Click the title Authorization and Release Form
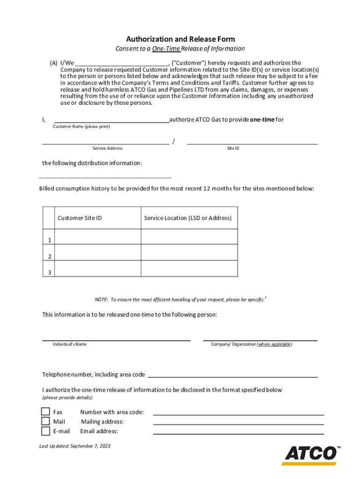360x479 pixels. coord(180,39)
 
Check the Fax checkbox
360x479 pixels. coord(45,412)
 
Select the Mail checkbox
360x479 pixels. coord(45,421)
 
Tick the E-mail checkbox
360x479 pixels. coord(45,431)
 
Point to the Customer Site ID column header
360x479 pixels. coord(79,218)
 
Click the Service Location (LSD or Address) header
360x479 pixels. coord(187,218)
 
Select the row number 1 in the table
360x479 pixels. coord(49,240)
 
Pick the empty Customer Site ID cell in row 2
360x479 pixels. coord(98,253)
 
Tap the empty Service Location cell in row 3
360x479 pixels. coord(189,269)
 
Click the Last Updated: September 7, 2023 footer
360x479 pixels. coord(75,446)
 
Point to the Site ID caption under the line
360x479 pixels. coord(233,148)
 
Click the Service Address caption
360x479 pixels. coord(108,148)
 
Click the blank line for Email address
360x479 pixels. coord(238,433)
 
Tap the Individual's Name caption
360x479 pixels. coord(70,344)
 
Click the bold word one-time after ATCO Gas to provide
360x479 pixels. coord(262,120)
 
